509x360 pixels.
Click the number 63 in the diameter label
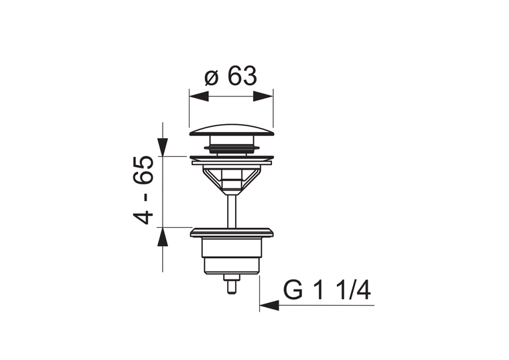click(242, 76)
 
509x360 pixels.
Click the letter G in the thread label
click(293, 290)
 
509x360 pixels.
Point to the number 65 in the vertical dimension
click(143, 170)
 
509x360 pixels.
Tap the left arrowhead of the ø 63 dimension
click(199, 97)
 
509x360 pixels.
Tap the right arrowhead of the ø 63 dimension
click(263, 97)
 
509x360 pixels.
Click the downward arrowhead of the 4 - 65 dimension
click(163, 147)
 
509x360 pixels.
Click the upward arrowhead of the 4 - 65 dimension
click(163, 237)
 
